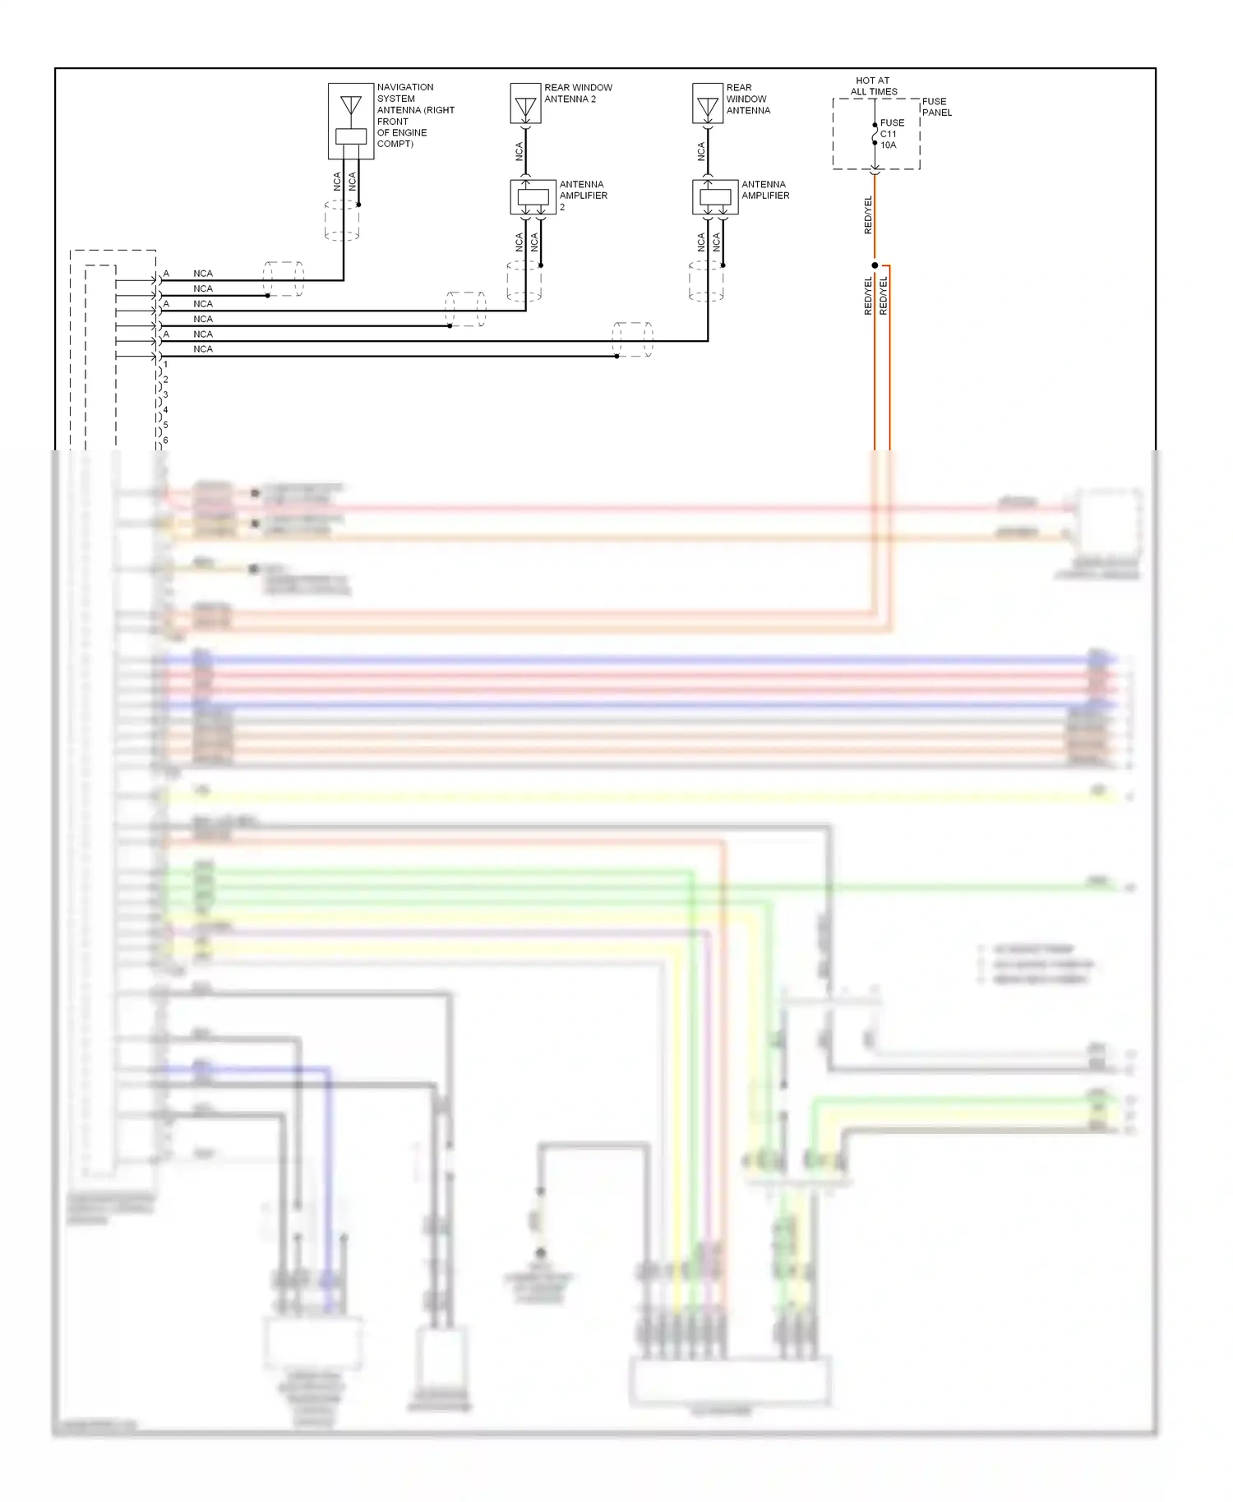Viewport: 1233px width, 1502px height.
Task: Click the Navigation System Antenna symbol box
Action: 351,121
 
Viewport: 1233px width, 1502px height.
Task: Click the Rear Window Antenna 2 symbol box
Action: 525,104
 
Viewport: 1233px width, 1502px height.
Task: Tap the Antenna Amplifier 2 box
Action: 533,197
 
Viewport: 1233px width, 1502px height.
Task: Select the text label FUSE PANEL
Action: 936,107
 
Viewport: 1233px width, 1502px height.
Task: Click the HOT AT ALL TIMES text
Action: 873,86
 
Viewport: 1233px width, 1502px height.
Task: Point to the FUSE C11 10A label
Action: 892,134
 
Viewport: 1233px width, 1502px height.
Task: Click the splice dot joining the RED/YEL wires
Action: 875,265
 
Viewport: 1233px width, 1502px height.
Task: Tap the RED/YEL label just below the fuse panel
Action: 868,215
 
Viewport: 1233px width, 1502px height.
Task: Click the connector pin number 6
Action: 165,440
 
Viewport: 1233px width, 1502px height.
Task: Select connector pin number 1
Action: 165,364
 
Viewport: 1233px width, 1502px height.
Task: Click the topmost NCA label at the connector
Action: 203,274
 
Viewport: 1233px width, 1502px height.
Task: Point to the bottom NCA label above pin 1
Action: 203,349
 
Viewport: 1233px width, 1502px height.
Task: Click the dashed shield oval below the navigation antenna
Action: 342,220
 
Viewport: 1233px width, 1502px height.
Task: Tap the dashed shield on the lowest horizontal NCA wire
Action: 632,339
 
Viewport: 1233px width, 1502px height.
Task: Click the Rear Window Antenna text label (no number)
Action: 748,99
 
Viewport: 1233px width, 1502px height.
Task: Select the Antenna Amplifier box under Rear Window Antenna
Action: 715,197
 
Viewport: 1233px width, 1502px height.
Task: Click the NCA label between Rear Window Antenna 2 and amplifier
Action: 519,151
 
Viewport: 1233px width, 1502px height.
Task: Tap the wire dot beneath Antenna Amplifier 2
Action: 541,265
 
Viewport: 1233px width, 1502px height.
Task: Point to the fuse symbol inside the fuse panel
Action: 875,134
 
